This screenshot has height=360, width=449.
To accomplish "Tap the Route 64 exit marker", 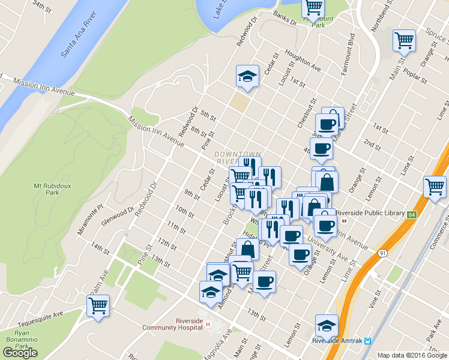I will tap(411, 214).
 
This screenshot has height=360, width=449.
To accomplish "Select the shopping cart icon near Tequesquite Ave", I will tap(98, 305).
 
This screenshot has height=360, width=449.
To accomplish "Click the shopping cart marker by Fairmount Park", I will tap(313, 7).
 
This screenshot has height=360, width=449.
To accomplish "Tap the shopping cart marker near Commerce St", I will tap(435, 187).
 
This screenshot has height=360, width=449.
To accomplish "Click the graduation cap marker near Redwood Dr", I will tap(248, 76).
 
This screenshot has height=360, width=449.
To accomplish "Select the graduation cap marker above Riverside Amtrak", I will tap(327, 325).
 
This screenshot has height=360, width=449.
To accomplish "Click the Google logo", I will tap(20, 353).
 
